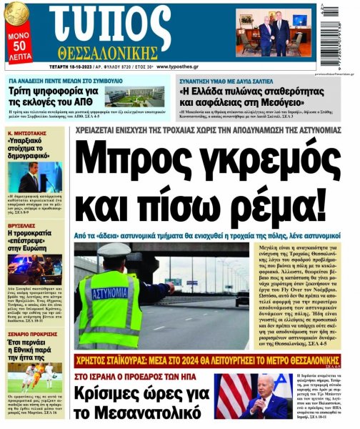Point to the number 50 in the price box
19,46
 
